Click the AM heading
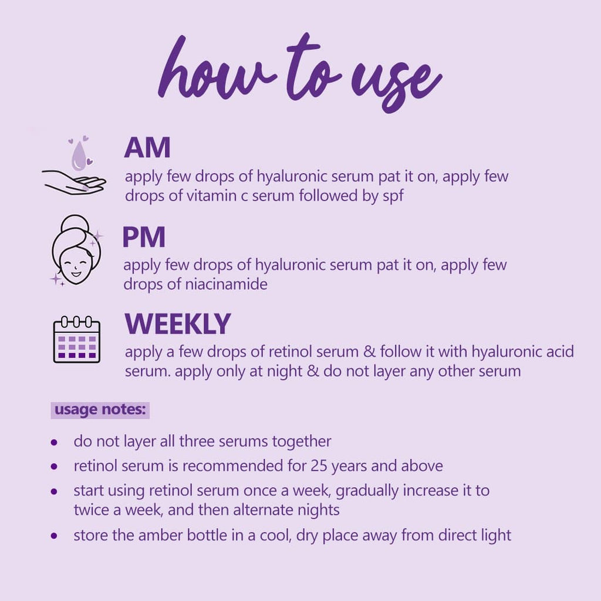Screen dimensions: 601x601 click(147, 147)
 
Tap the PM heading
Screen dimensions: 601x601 click(144, 237)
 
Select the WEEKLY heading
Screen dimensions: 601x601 click(177, 324)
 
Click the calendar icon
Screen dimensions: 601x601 click(77, 339)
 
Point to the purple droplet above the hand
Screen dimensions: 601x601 click(79, 156)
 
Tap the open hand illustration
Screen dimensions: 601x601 click(74, 182)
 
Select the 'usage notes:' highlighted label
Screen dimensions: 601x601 click(100, 410)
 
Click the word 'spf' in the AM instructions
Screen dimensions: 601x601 click(393, 196)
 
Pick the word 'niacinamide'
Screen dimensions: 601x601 click(226, 284)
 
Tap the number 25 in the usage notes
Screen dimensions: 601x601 click(319, 466)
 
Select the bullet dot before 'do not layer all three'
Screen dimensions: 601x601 click(54, 443)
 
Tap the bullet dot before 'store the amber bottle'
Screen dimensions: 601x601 click(54, 536)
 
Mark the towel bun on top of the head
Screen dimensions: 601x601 click(76, 224)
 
